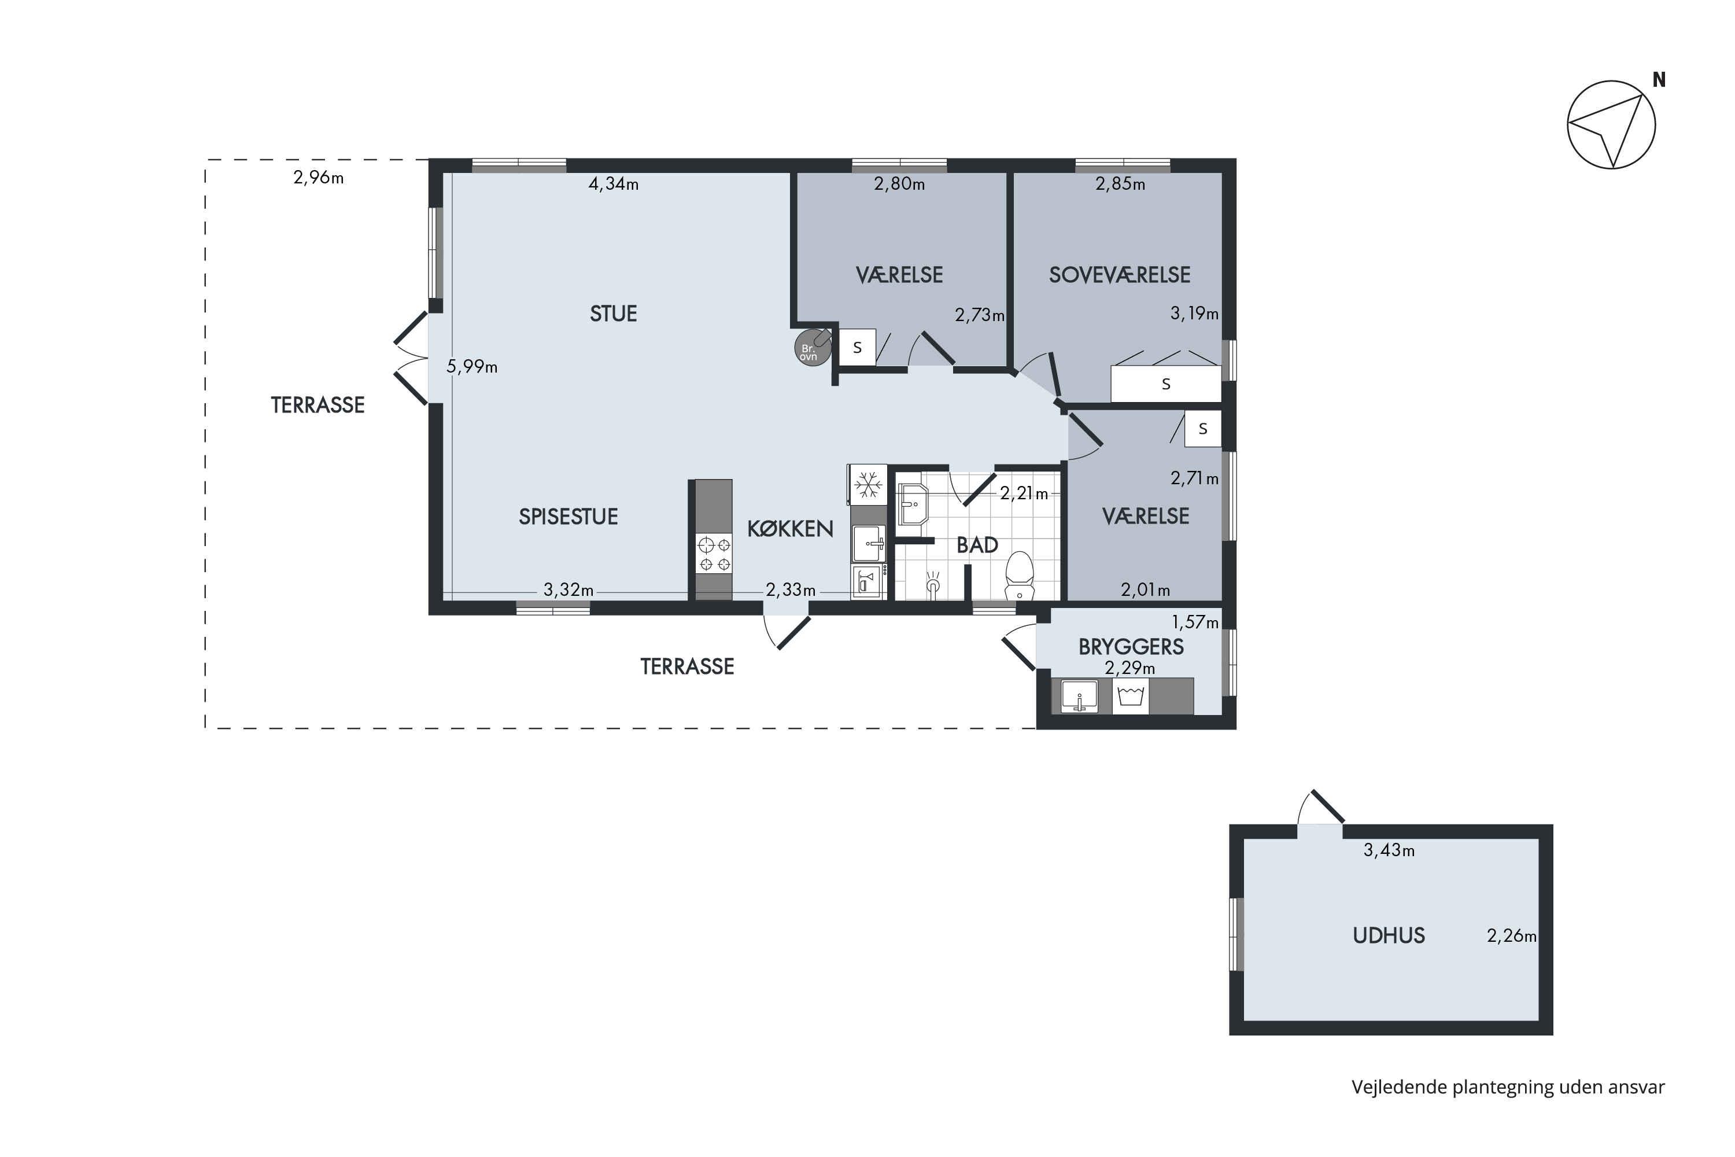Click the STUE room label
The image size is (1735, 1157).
[x=613, y=314]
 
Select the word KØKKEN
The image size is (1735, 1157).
[x=790, y=528]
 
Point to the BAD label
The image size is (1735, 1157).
[x=977, y=544]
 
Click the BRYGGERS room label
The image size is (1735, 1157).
[x=1131, y=646]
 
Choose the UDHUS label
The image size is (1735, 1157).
[x=1389, y=935]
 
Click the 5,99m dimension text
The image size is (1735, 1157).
[x=472, y=366]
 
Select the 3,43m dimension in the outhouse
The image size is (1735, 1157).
[x=1389, y=850]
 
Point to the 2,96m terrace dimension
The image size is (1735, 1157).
[x=319, y=177]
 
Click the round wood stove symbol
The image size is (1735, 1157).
[x=812, y=348]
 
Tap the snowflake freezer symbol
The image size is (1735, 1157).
[x=868, y=485]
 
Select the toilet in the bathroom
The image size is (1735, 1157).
[x=1020, y=576]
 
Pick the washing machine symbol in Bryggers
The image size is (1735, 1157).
[x=1130, y=696]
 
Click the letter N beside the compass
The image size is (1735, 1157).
[x=1659, y=80]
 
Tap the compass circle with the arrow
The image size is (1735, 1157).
[x=1611, y=125]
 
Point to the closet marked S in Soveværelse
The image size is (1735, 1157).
[x=1165, y=384]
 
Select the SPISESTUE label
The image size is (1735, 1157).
[x=568, y=517]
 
